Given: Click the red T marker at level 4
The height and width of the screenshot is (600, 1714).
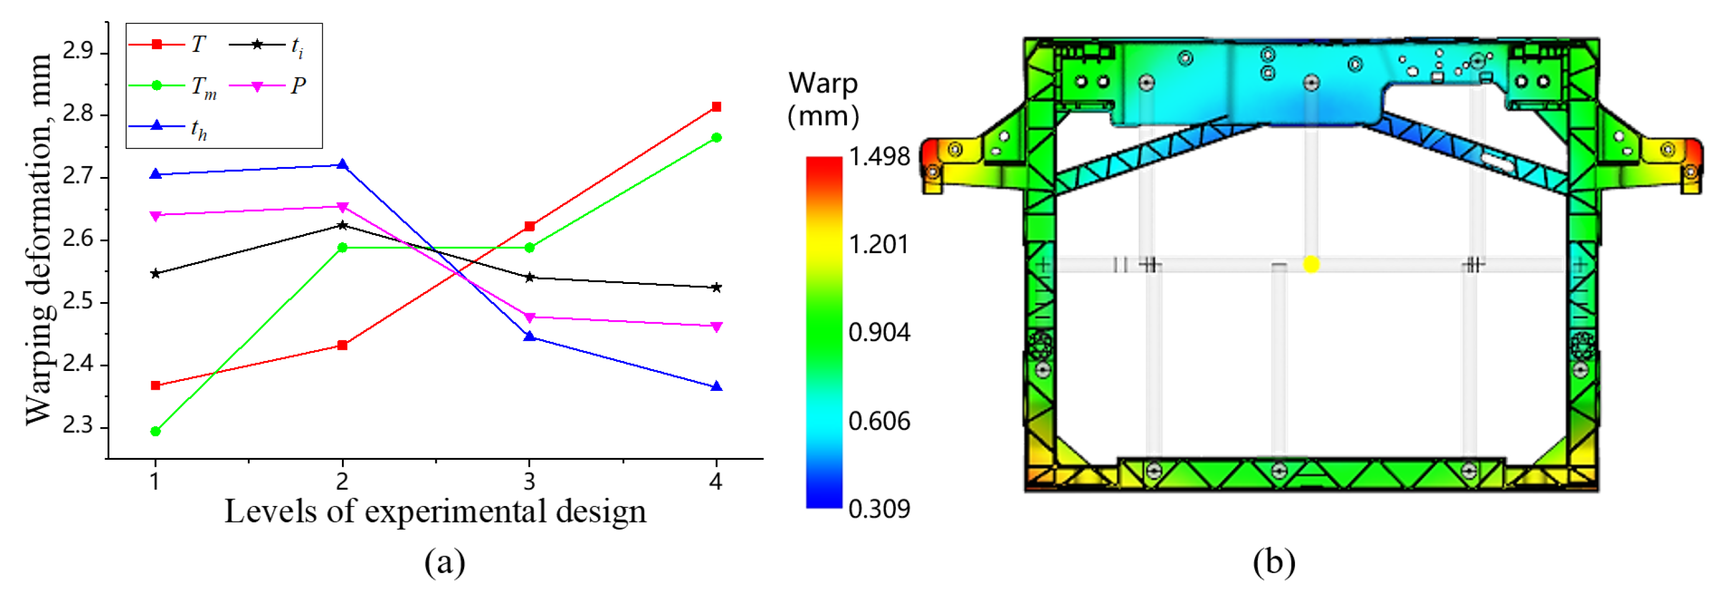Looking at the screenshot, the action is [717, 106].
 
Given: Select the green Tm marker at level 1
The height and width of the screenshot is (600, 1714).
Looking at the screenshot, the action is [155, 431].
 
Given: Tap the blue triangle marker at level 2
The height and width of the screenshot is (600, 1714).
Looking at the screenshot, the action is [343, 164].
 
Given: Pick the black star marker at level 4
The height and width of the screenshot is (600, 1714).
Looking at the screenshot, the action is [717, 287].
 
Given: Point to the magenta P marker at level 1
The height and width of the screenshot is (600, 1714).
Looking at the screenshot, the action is [155, 216].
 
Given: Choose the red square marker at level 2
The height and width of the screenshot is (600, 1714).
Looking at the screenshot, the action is [343, 345].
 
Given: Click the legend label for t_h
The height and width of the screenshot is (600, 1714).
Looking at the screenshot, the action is [199, 129].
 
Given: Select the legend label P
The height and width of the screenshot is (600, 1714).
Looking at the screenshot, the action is [298, 86].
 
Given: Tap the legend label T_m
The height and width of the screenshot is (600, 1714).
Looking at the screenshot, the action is [203, 88].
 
